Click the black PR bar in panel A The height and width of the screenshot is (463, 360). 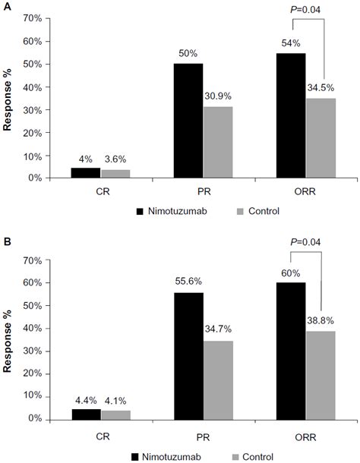click(x=189, y=121)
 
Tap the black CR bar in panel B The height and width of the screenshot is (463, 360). click(x=86, y=414)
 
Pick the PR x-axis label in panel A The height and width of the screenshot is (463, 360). click(x=204, y=192)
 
